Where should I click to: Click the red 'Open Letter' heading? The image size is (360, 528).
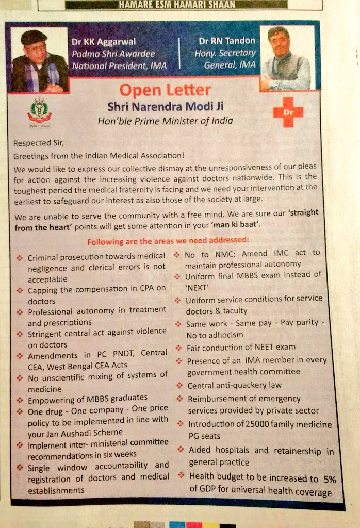coord(165,90)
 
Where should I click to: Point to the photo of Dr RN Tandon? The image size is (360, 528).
coord(285,56)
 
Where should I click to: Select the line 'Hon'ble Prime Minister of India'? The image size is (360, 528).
coord(165,121)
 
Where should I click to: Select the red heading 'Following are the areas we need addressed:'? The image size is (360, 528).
coord(168,241)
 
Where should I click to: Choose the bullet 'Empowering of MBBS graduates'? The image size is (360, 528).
coord(88,398)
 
